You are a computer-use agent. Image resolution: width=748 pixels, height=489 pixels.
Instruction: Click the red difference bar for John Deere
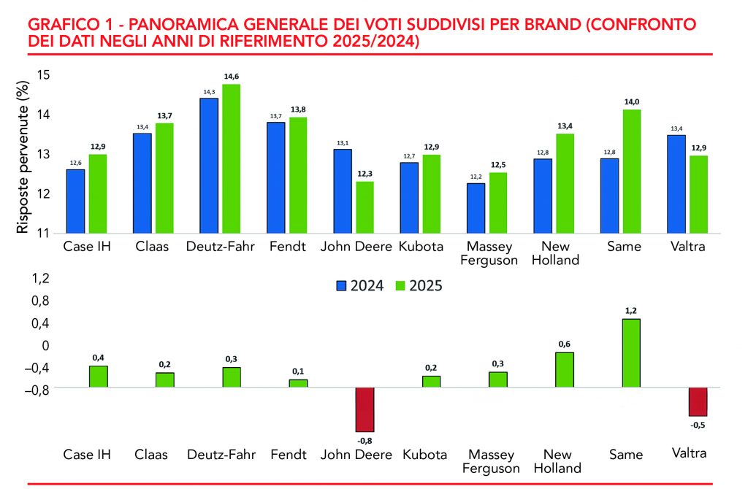click(x=365, y=409)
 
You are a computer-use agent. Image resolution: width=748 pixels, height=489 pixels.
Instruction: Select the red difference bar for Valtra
click(x=698, y=401)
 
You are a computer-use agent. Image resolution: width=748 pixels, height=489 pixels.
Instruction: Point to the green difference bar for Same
click(x=631, y=353)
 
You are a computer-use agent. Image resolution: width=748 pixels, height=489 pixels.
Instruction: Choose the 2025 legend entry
click(x=420, y=285)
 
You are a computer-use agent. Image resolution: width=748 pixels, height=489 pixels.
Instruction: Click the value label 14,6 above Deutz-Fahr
click(x=230, y=77)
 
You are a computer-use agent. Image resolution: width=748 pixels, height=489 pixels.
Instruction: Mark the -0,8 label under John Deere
click(x=365, y=440)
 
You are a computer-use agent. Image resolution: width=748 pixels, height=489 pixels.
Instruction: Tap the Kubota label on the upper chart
click(x=420, y=247)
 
